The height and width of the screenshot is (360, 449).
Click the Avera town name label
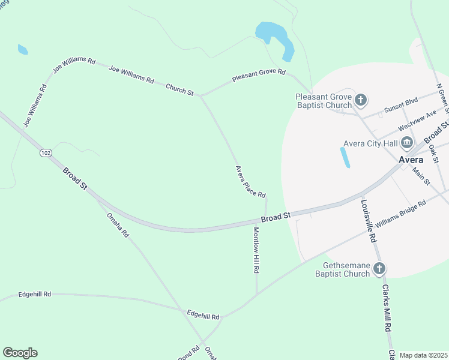(411, 160)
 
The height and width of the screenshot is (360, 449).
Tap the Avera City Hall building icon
(408, 143)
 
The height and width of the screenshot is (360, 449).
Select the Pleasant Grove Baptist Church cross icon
(361, 100)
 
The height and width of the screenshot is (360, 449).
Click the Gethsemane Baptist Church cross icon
(379, 268)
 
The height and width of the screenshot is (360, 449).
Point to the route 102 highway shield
(46, 154)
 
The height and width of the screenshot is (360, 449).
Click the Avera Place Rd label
(250, 181)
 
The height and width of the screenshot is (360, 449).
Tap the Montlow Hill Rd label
(256, 250)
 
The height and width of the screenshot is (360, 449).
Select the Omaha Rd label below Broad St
(118, 225)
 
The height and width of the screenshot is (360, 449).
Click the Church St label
(179, 89)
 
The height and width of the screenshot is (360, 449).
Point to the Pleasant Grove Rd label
(259, 77)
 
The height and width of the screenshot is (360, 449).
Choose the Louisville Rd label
(368, 220)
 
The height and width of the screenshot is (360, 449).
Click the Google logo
(20, 353)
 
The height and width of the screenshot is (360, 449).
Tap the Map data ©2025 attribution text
(423, 355)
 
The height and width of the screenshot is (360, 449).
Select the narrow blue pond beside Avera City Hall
(345, 157)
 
